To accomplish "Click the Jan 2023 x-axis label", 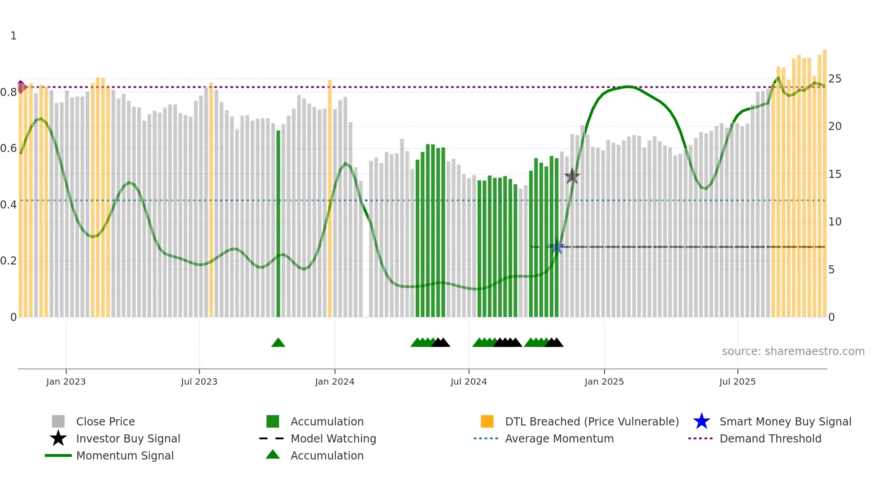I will [66, 381].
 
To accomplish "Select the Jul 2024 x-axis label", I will [469, 381].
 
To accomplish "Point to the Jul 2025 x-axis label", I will [737, 381].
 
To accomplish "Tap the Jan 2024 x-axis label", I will [335, 381].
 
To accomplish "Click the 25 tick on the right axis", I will [835, 79].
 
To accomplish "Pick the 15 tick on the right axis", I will [835, 174].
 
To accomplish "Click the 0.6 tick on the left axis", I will [9, 148].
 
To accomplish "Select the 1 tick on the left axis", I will [13, 36].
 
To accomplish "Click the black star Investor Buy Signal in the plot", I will [572, 176].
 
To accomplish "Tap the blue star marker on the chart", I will [557, 247].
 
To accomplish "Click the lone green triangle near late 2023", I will [278, 343].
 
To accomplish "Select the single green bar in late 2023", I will [278, 224].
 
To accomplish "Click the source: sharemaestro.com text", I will [793, 351].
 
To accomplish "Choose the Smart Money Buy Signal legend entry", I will [785, 421].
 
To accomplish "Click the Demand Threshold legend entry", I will [770, 438].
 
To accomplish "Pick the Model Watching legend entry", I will [333, 438].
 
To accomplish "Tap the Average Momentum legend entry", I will [559, 438].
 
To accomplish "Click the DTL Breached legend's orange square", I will [487, 421].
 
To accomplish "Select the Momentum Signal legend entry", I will [125, 455].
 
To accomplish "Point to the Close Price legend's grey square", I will [58, 421].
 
